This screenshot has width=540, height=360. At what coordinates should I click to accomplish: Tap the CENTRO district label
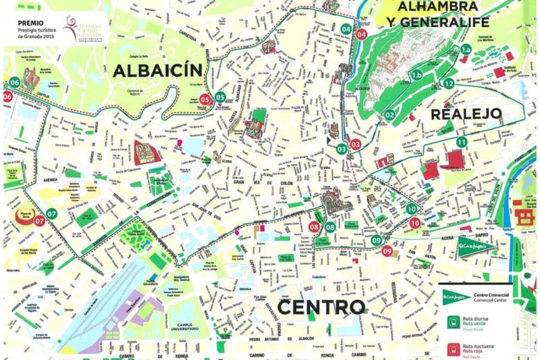321,308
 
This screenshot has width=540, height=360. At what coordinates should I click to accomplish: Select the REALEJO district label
467,113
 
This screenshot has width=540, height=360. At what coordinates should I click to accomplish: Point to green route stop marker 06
15,83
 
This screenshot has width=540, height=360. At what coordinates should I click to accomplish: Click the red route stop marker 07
39,220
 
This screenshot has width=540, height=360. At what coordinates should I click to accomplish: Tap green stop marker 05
221,97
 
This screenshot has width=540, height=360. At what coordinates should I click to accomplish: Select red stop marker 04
362,34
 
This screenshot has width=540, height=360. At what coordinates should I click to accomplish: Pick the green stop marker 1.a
466,49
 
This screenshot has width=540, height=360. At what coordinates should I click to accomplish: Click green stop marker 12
448,84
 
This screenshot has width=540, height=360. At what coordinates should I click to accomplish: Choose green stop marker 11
462,142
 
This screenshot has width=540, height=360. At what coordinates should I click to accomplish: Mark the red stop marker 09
387,251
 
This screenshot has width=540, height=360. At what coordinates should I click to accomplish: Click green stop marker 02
389,115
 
